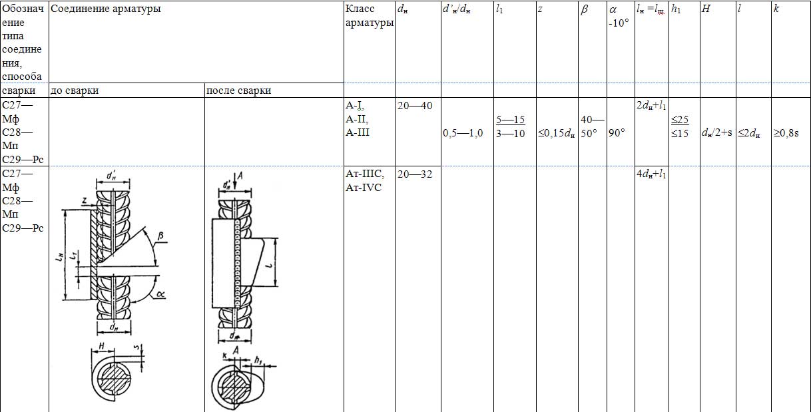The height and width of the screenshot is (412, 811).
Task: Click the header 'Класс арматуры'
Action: [x=370, y=16]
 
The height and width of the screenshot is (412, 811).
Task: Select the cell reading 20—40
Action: [x=415, y=106]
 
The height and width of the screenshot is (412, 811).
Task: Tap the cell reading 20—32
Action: [x=415, y=174]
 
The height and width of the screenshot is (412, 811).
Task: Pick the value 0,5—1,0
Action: [x=463, y=133]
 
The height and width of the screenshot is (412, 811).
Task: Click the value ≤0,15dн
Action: [x=556, y=134]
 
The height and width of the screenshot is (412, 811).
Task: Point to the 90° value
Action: [x=617, y=133]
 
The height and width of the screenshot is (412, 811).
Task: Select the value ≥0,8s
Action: [x=786, y=133]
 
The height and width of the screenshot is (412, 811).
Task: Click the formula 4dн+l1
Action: [x=651, y=174]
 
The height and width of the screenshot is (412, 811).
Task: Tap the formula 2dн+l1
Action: [x=651, y=106]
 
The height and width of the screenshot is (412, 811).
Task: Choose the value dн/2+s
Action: [x=716, y=133]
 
